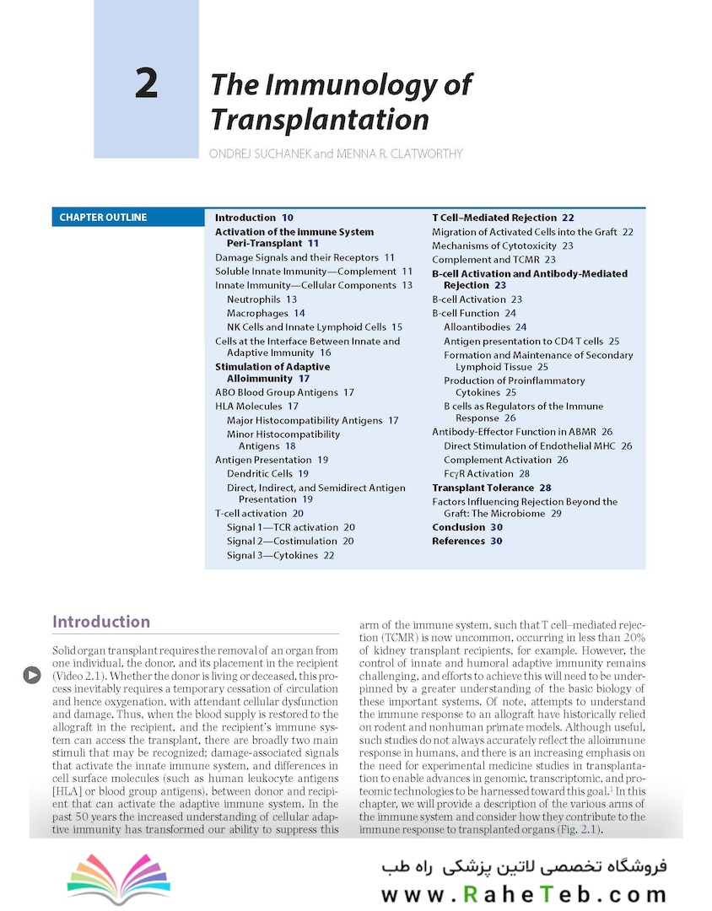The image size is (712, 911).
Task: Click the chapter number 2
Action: (x=146, y=84)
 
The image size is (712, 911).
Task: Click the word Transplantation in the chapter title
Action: (x=320, y=119)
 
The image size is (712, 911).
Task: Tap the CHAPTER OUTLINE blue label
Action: (x=103, y=218)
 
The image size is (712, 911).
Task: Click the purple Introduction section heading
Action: (x=101, y=623)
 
